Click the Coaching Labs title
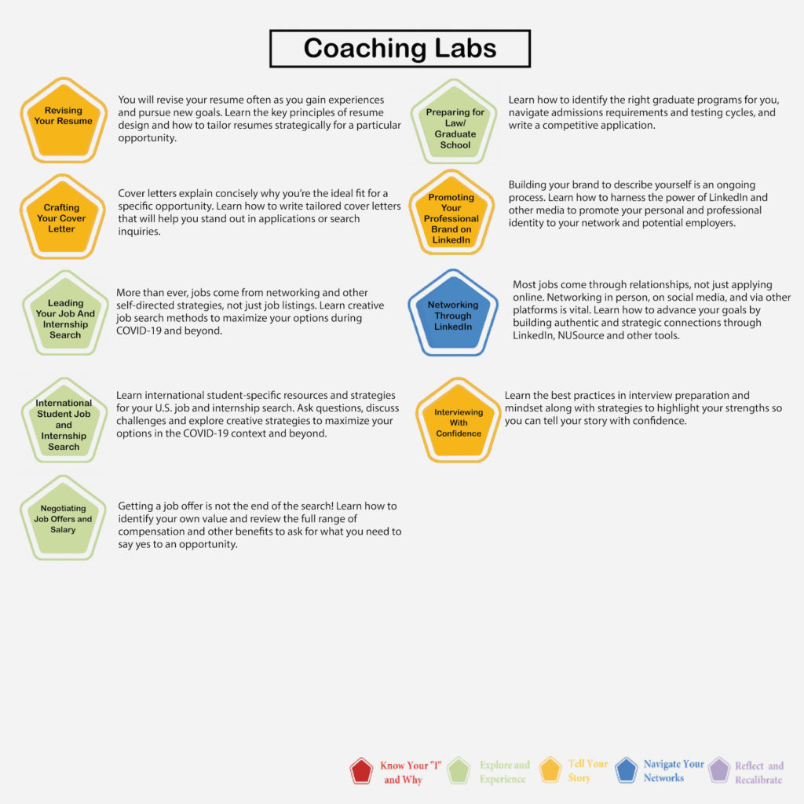point(400,48)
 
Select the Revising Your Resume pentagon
point(64,121)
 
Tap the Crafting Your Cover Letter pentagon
point(63,217)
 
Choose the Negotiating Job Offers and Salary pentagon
point(63,519)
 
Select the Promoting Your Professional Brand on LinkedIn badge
point(451,214)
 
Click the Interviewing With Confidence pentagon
point(458,422)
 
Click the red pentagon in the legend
point(361,771)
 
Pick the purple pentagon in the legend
point(719,770)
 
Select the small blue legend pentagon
point(626,770)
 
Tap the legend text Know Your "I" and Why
point(410,773)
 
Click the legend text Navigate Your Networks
point(673,771)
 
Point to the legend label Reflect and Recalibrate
point(759,773)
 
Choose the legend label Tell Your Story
point(587,771)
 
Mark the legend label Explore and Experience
point(505,772)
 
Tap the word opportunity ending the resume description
point(147,138)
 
